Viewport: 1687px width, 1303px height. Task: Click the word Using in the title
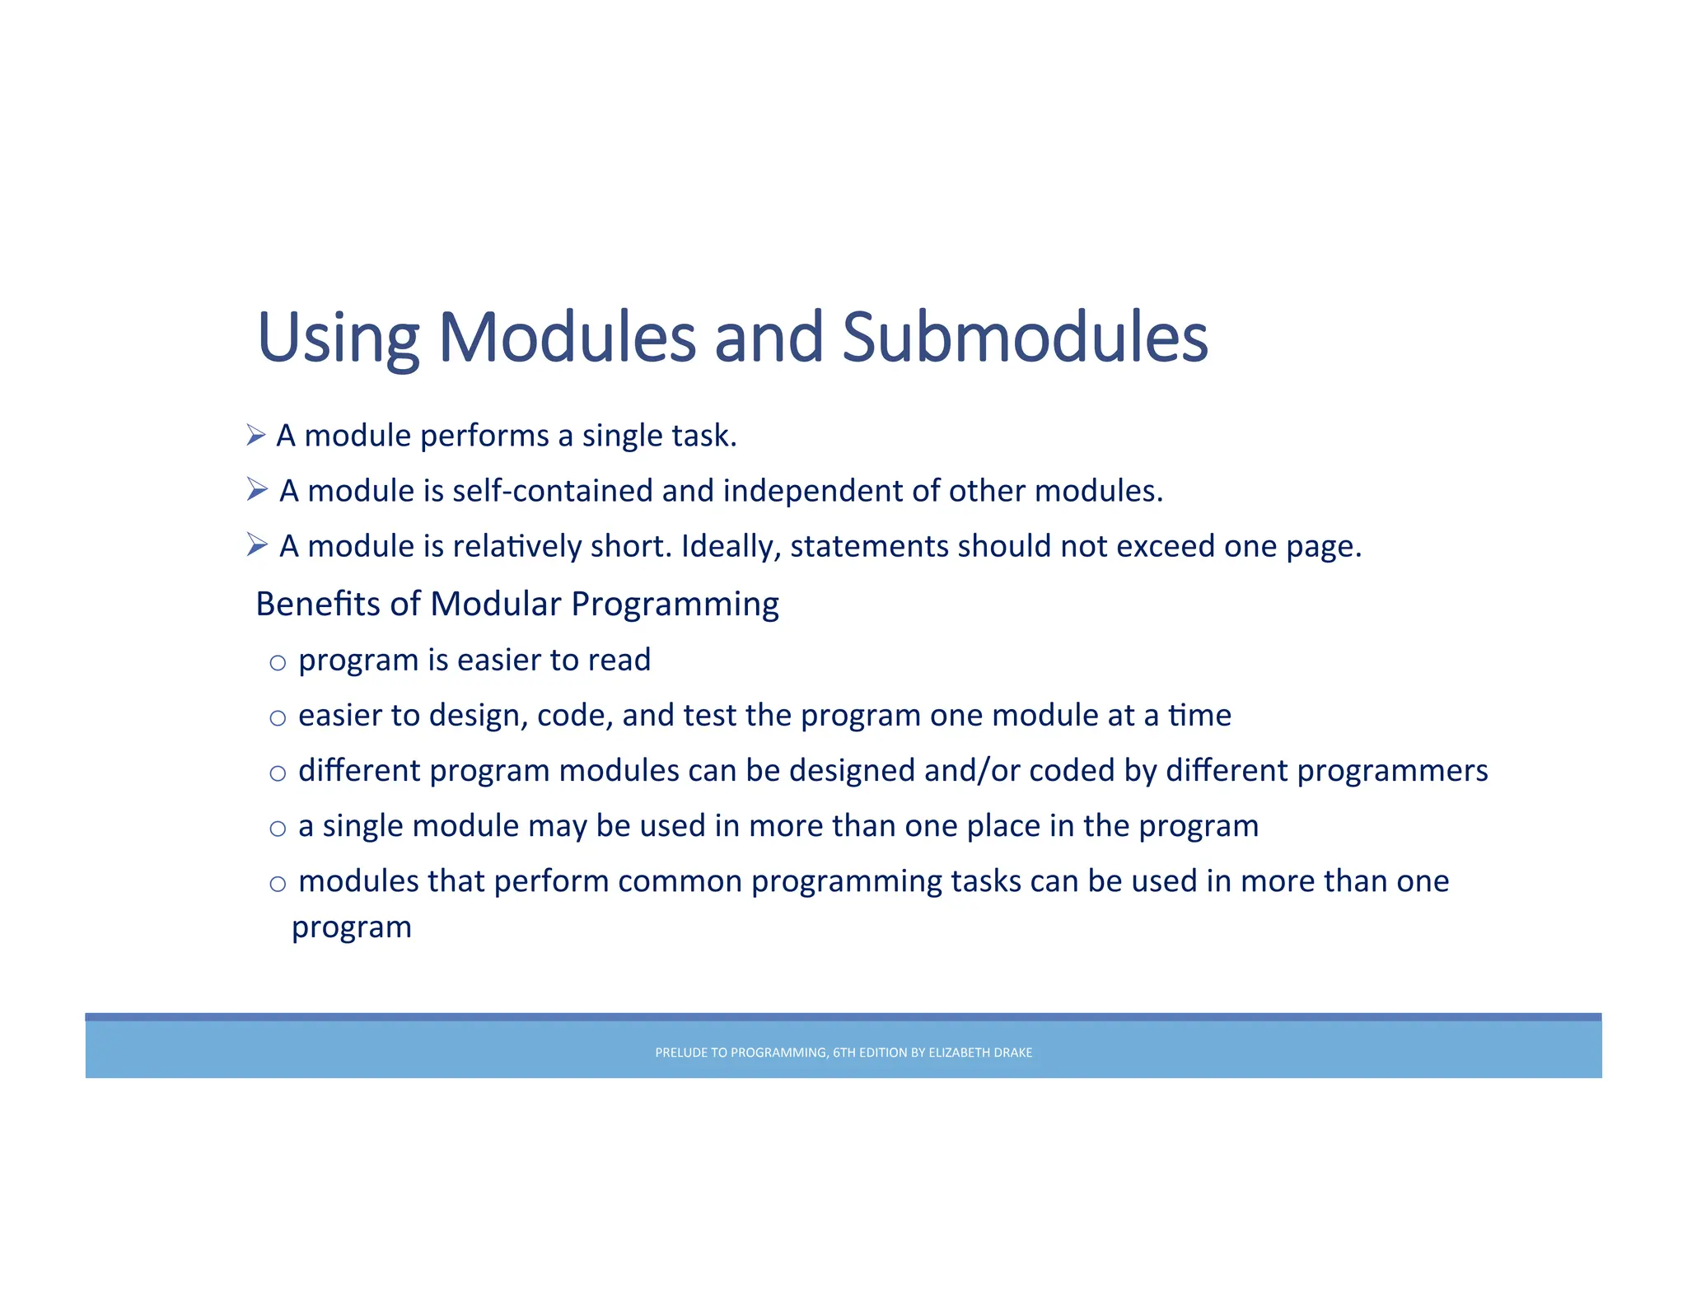coord(338,338)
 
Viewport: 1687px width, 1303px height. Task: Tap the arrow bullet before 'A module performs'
coord(256,435)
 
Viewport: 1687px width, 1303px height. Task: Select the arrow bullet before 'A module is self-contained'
coord(257,490)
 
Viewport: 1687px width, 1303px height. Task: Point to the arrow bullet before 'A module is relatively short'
coord(257,545)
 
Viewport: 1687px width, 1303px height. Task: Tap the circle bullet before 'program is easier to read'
coord(278,663)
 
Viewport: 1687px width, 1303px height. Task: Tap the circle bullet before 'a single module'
coord(278,829)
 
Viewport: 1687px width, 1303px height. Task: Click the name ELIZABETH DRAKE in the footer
coord(980,1053)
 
